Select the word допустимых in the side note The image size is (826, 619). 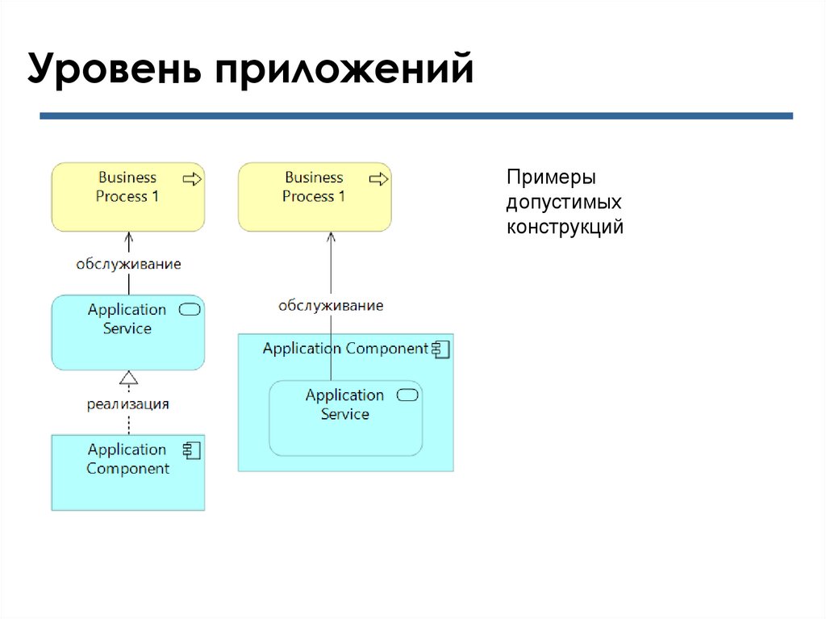tap(564, 202)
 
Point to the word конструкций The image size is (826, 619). tap(565, 227)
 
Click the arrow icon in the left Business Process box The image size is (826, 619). tap(192, 178)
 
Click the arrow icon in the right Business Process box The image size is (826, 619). tap(378, 178)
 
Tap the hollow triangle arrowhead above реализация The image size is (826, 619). tap(128, 377)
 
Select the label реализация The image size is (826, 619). tap(128, 404)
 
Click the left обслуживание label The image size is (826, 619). tap(128, 263)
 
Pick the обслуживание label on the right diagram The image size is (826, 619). tap(331, 305)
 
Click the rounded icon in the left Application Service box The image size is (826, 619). tap(190, 309)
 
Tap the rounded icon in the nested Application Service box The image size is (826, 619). tap(408, 395)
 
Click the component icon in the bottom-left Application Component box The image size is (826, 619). tap(192, 450)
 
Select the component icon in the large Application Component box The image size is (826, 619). tap(440, 349)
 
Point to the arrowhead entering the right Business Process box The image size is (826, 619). tap(331, 236)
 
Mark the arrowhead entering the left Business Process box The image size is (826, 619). tap(128, 236)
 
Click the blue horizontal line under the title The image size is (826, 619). tap(416, 116)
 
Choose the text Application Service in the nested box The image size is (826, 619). tap(345, 404)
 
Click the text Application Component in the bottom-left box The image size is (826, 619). tap(127, 458)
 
